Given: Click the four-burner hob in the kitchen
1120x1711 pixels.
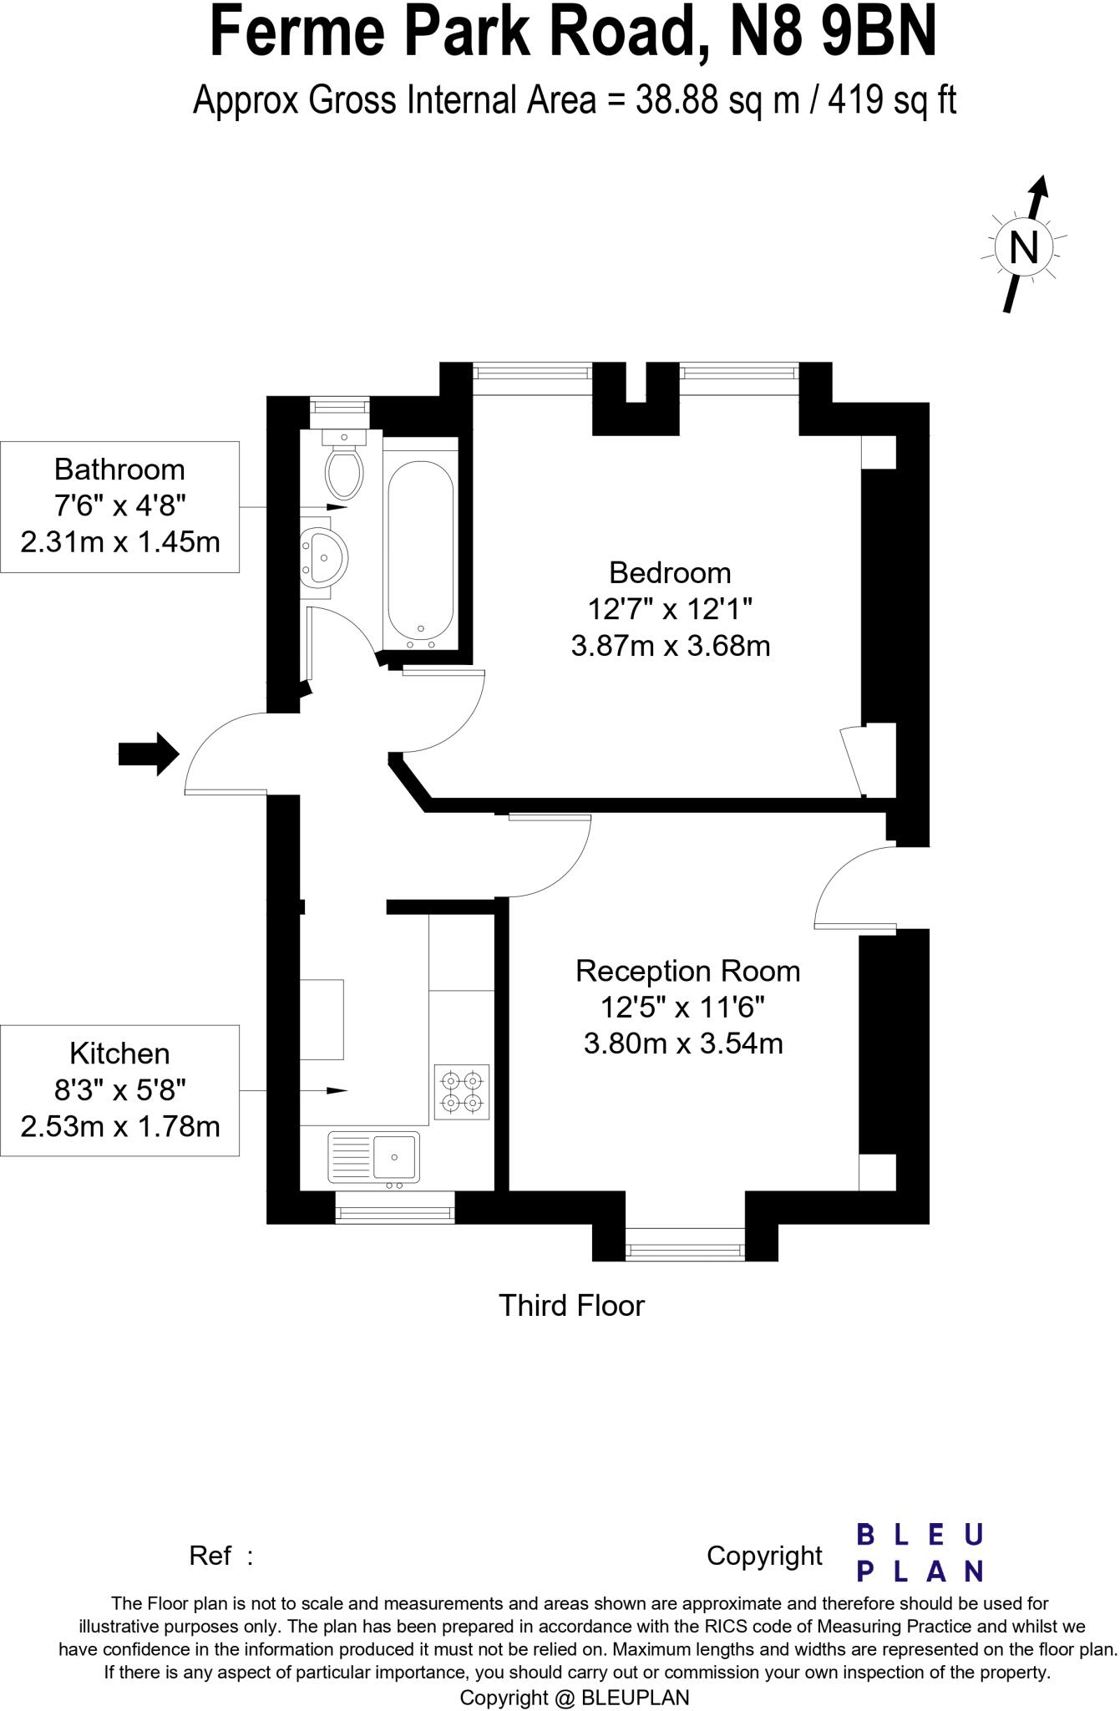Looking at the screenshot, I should click(x=462, y=1092).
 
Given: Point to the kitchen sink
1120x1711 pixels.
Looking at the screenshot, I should click(x=373, y=1157).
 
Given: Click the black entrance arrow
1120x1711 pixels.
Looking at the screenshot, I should click(x=149, y=754).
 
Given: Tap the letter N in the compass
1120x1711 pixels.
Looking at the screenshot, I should click(x=1024, y=247).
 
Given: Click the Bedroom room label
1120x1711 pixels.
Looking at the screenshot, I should click(x=670, y=573).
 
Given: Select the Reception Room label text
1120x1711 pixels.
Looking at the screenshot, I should click(x=687, y=971).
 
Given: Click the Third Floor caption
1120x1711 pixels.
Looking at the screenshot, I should click(x=571, y=1305).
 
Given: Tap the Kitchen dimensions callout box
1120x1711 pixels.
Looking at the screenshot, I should click(x=119, y=1090).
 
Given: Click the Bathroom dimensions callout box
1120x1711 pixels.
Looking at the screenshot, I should click(x=119, y=506).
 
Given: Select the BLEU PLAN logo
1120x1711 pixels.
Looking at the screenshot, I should click(x=920, y=1553).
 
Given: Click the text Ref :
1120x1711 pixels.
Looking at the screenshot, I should click(x=220, y=1556).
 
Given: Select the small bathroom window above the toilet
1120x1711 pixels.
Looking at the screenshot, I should click(x=339, y=406).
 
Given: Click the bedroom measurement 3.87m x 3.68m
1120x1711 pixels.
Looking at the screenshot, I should click(x=670, y=646).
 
